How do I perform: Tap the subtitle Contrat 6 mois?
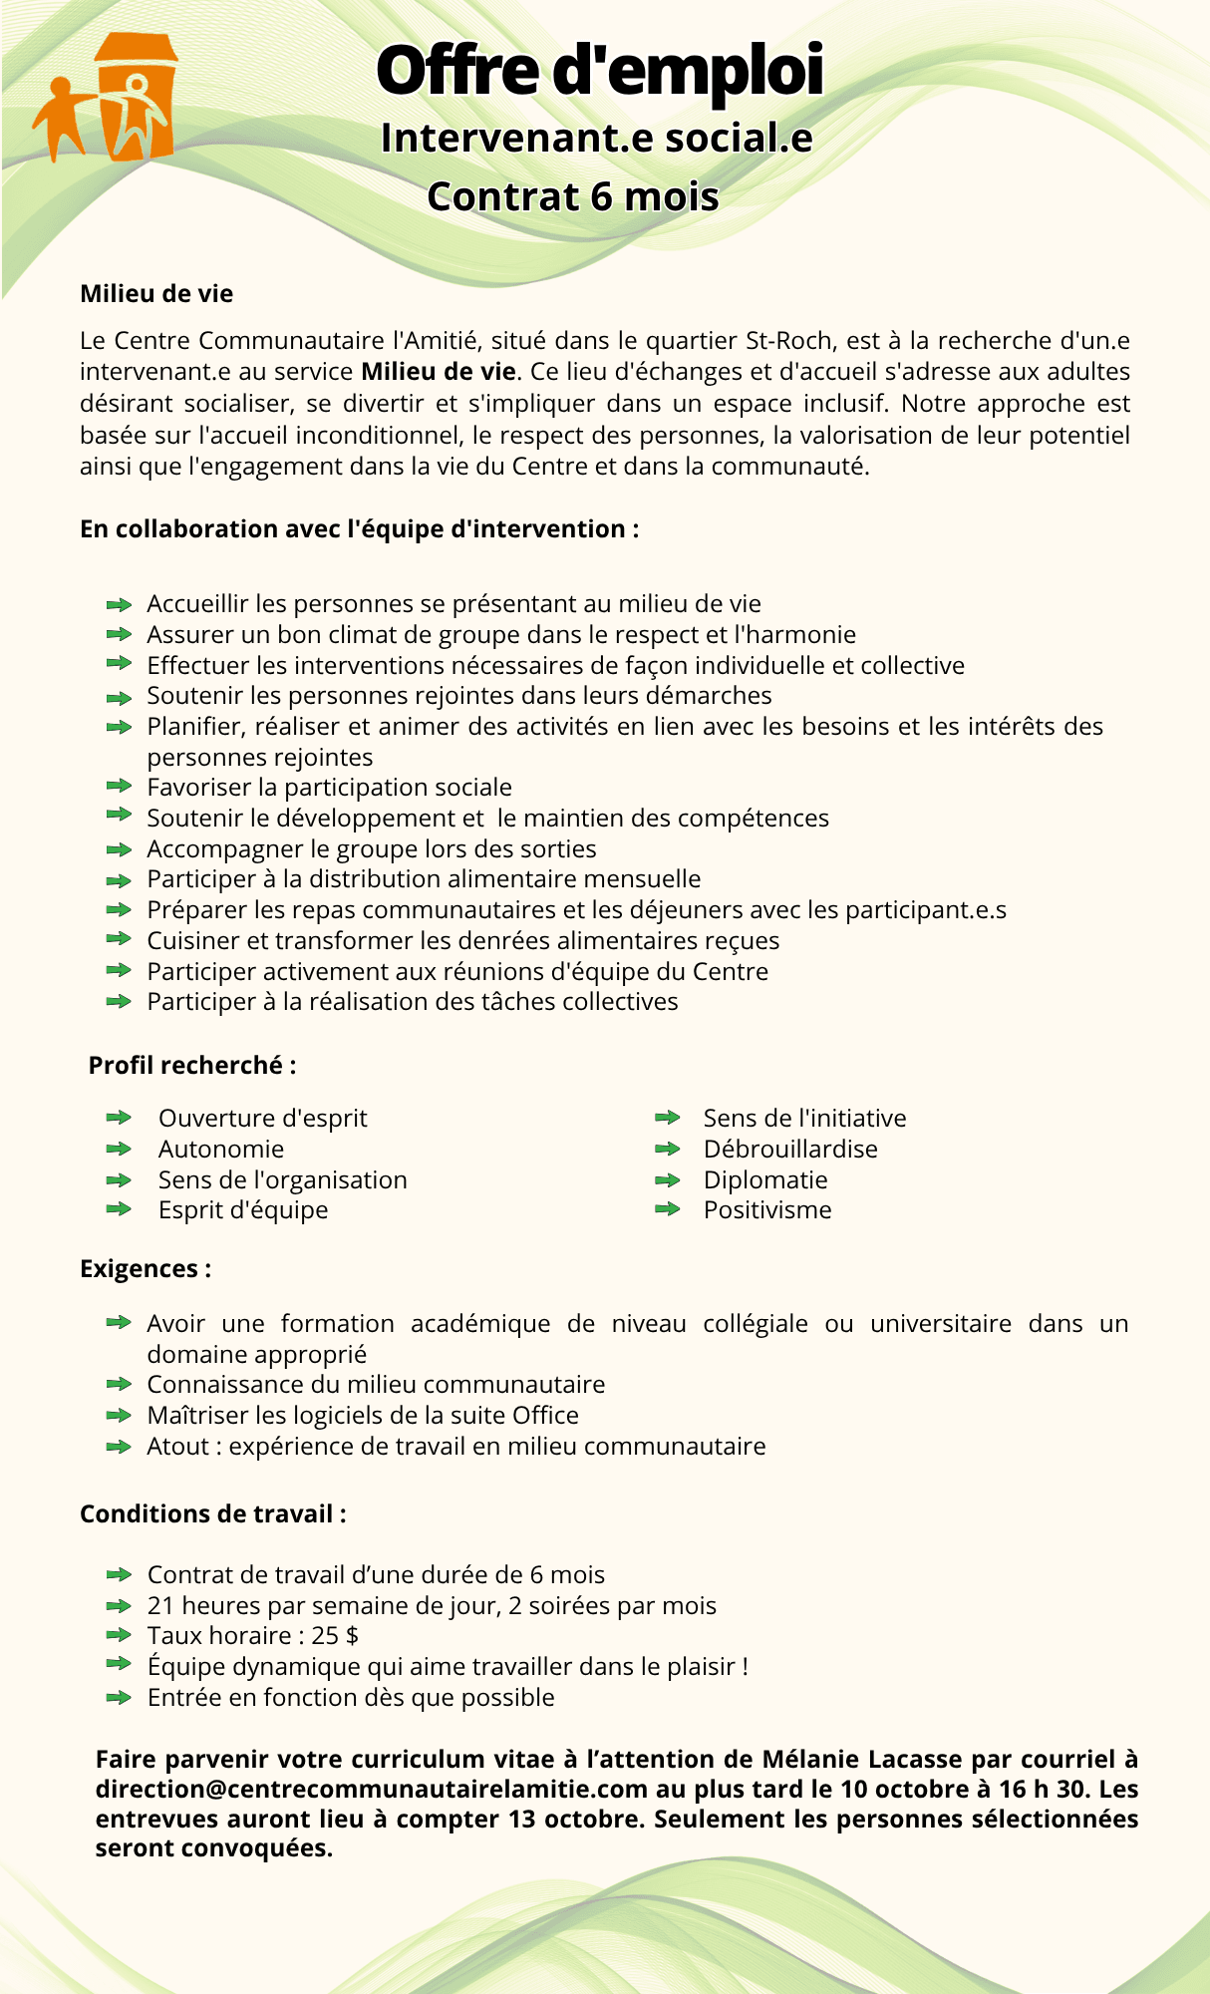pyautogui.click(x=573, y=196)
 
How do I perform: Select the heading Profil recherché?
pyautogui.click(x=191, y=1065)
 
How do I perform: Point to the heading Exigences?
pyautogui.click(x=145, y=1268)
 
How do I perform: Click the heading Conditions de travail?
pyautogui.click(x=212, y=1513)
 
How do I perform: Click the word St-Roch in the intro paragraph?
pyautogui.click(x=789, y=341)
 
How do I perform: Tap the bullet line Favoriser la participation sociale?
pyautogui.click(x=329, y=788)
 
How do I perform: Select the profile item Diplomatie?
pyautogui.click(x=765, y=1179)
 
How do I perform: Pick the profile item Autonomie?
pyautogui.click(x=221, y=1149)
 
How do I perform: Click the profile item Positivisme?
pyautogui.click(x=767, y=1210)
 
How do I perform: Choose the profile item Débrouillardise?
pyautogui.click(x=790, y=1149)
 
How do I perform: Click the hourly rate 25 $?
pyautogui.click(x=335, y=1635)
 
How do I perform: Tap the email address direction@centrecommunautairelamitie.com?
pyautogui.click(x=372, y=1789)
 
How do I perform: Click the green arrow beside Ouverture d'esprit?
pyautogui.click(x=119, y=1118)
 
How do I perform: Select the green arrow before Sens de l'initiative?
pyautogui.click(x=667, y=1118)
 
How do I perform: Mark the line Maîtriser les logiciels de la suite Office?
pyautogui.click(x=363, y=1415)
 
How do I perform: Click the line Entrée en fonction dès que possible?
pyautogui.click(x=351, y=1697)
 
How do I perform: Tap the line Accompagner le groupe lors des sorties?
pyautogui.click(x=372, y=848)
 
